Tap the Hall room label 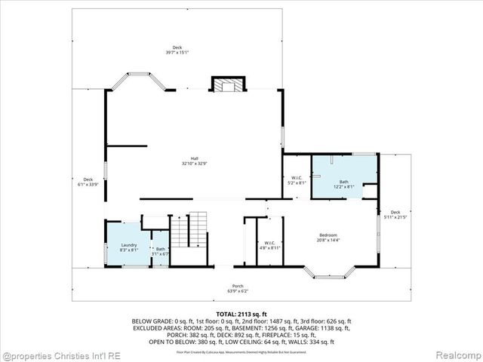tap(194, 160)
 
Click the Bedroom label tap(329, 238)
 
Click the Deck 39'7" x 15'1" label tap(177, 51)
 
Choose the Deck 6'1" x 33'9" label tap(88, 181)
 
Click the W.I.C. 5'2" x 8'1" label tap(297, 180)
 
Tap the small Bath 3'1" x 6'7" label tap(160, 251)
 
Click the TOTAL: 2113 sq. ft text tap(241, 314)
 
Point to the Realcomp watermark tap(457, 354)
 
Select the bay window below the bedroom tap(329, 273)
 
